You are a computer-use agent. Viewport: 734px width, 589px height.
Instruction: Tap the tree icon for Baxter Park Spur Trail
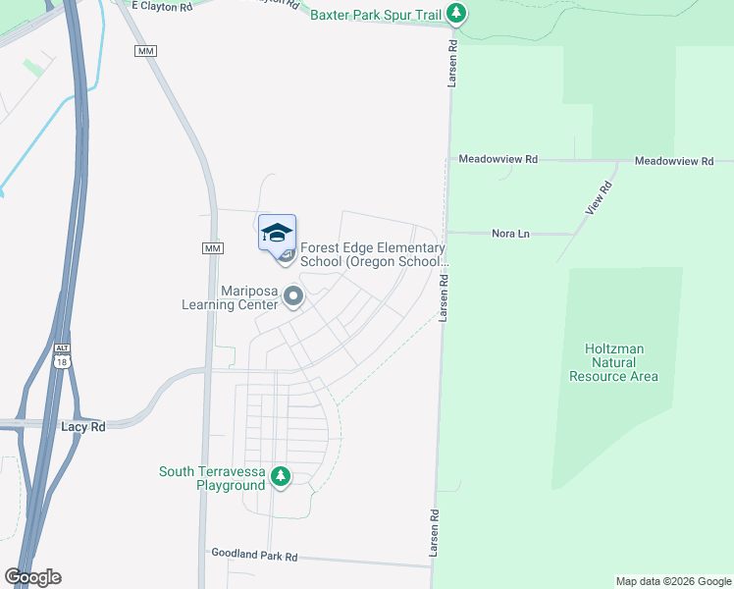(x=455, y=14)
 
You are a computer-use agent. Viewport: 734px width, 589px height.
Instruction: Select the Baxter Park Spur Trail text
(x=375, y=14)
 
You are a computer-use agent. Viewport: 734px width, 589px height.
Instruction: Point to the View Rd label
(x=598, y=199)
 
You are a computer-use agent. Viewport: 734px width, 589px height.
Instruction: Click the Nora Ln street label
(x=509, y=234)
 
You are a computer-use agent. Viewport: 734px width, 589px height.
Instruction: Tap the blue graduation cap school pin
(x=277, y=234)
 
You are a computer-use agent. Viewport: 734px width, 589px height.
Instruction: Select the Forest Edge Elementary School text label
(x=373, y=255)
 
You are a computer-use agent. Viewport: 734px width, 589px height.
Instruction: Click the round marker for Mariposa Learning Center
(x=292, y=294)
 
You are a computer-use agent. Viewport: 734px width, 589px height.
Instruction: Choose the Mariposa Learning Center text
(x=231, y=297)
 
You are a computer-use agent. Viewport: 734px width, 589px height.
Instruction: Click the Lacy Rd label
(x=82, y=427)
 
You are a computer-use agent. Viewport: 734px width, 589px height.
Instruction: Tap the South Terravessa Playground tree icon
(x=281, y=477)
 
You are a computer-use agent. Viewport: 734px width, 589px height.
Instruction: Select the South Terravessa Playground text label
(x=212, y=478)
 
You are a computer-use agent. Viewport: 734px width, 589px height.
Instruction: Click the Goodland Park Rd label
(x=254, y=556)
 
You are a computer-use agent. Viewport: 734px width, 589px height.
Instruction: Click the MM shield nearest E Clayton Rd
(x=147, y=50)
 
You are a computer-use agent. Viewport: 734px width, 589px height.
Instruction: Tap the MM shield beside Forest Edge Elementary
(x=213, y=248)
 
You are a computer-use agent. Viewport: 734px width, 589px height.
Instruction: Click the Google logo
(x=32, y=576)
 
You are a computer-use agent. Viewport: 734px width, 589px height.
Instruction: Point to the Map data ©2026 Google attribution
(x=672, y=581)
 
